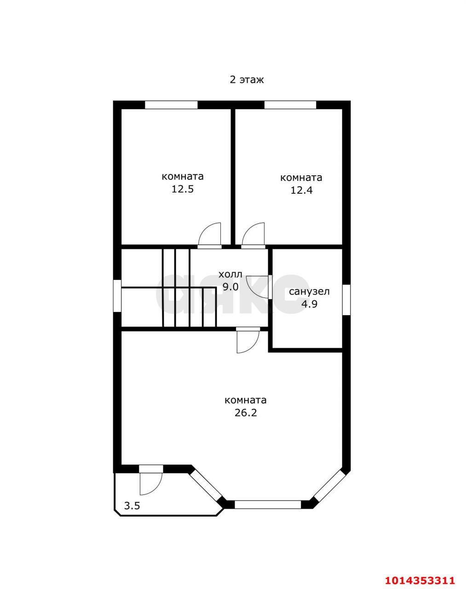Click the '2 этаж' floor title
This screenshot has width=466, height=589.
247,80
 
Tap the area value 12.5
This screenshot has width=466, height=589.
183,189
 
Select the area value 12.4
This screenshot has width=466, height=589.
301,190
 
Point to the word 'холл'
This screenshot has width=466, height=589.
230,274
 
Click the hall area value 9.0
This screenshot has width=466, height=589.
230,287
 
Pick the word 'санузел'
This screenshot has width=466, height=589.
309,292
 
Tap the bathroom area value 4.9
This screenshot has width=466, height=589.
309,304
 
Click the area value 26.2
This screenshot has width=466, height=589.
246,421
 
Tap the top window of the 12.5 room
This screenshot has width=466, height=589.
171,105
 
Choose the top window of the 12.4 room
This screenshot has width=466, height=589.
290,105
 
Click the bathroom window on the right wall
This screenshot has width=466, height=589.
346,300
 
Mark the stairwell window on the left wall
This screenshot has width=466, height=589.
117,295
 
